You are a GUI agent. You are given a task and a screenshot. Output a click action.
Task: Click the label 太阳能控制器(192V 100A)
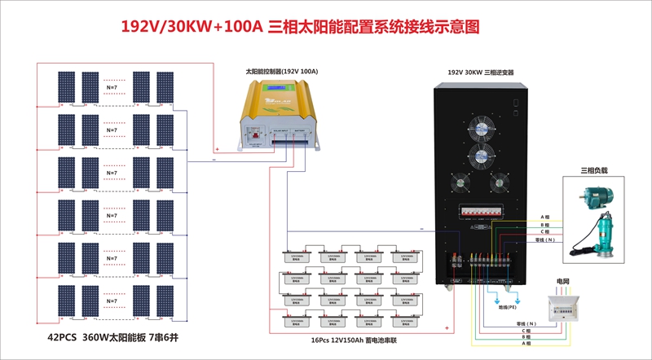tap(281, 72)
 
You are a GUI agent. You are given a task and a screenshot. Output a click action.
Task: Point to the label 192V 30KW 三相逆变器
tap(480, 72)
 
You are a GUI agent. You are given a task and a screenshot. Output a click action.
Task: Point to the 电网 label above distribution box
tap(563, 281)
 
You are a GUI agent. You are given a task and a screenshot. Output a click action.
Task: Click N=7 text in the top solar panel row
tap(112, 85)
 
